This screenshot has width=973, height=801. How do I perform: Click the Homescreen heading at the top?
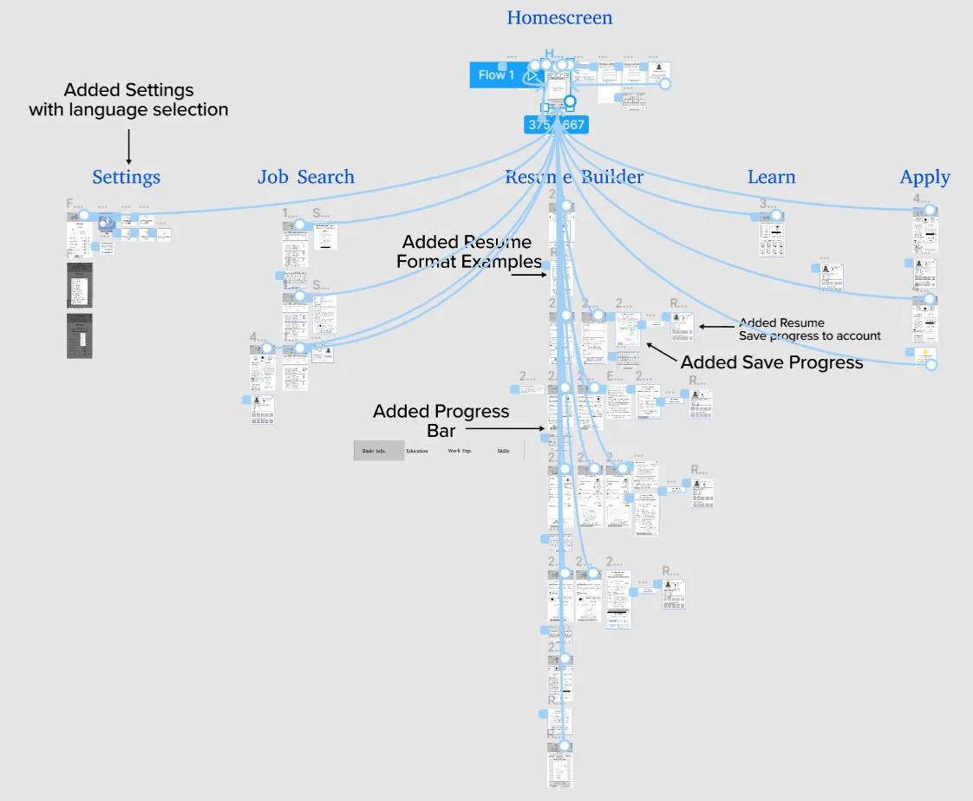[x=559, y=17]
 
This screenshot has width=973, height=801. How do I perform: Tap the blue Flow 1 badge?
[x=496, y=75]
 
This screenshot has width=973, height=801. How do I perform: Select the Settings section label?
[x=127, y=178]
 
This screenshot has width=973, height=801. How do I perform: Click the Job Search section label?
[x=306, y=178]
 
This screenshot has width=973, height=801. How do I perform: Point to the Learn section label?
[x=771, y=178]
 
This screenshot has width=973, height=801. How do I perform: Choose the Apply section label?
[x=924, y=178]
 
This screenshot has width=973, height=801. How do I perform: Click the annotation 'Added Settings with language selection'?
[x=128, y=100]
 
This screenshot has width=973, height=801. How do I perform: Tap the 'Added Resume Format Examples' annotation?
[x=469, y=251]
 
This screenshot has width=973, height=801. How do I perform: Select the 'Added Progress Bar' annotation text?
[x=441, y=420]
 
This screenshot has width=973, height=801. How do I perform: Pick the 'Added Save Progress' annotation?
[x=772, y=362]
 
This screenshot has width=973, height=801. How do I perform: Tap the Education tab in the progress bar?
[x=417, y=451]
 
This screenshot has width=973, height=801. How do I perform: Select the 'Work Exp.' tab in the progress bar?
[x=460, y=451]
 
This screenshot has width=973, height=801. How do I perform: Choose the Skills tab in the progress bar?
[x=503, y=451]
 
